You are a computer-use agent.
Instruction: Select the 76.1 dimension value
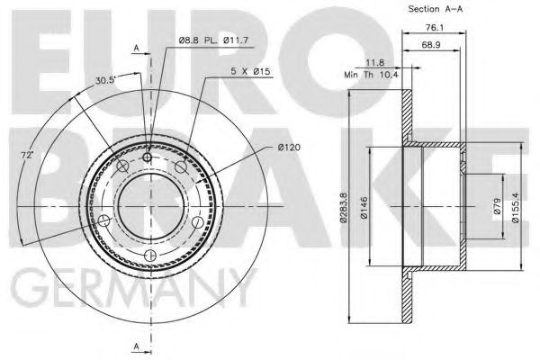431,27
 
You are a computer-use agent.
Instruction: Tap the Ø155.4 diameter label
514,208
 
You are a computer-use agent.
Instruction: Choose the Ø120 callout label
265,146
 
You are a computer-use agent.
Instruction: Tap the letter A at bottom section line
136,346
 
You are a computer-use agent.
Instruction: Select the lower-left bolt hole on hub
105,220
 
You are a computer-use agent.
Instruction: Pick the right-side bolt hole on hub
197,220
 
